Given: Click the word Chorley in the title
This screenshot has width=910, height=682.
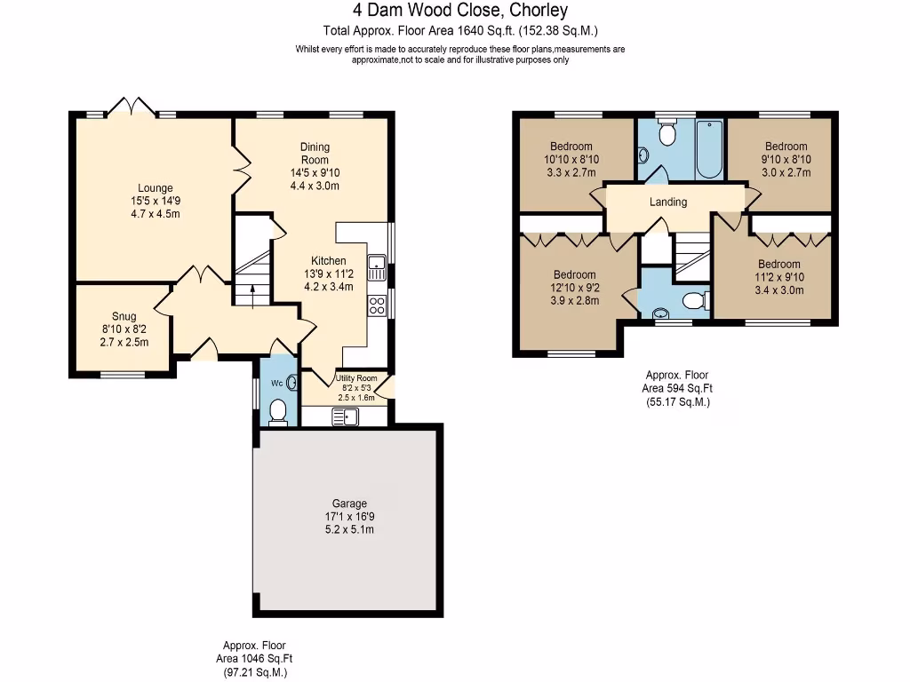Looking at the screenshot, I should point(537,11).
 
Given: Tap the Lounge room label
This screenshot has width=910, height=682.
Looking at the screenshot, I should point(155,187).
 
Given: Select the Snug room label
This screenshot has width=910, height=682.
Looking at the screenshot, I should point(124,316).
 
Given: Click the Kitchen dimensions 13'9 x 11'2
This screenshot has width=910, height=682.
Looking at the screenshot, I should point(328,274).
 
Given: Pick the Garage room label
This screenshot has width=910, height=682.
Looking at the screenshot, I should point(349,504).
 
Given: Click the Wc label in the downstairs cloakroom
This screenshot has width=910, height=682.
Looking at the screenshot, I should point(275,384).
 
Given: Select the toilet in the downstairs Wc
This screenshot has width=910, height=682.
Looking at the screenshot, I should point(278,411).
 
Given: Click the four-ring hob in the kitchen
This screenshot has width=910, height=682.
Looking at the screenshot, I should point(377,305).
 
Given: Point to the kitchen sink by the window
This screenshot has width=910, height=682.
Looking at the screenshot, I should point(377,262).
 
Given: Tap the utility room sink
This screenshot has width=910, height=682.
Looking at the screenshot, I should point(343,416).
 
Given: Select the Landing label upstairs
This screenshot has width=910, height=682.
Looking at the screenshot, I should point(668,202).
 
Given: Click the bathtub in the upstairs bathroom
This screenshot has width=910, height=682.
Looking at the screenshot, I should point(707,149).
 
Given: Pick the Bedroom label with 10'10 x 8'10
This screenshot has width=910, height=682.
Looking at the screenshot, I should point(571,147).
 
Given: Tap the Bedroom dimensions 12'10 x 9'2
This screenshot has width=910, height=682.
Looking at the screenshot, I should point(574,288).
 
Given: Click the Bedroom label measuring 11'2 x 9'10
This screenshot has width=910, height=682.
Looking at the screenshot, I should point(778,264).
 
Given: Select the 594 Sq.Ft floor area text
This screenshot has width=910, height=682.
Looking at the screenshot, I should point(677,388).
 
